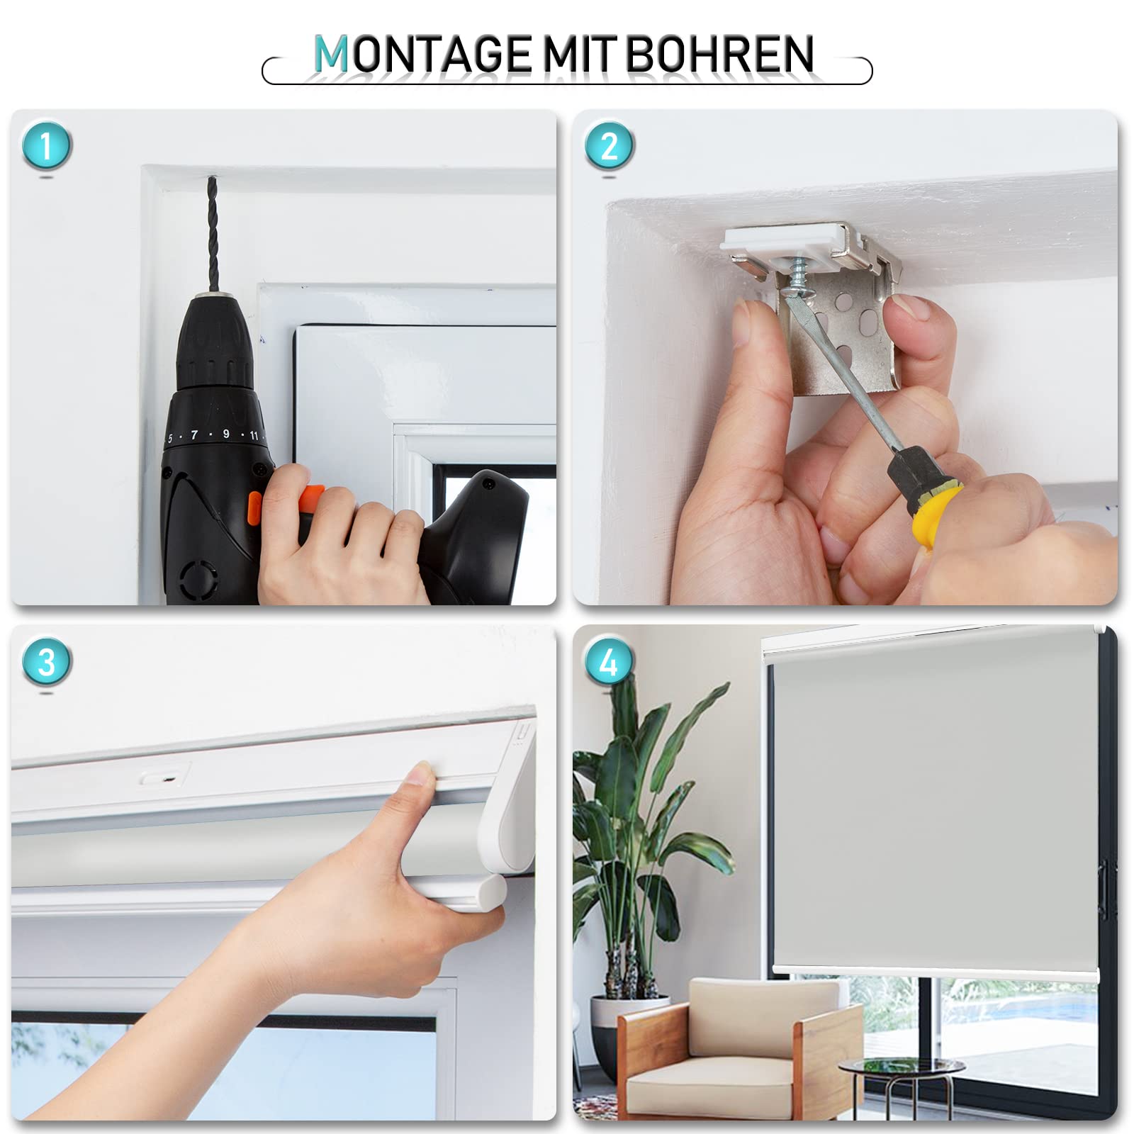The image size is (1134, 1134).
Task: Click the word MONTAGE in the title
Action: coord(422,55)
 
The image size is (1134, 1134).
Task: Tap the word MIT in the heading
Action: coord(579,55)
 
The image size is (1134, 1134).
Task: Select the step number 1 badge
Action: coord(47,146)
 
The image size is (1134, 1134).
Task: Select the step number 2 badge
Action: coord(610,146)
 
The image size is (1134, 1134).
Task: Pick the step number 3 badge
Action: coord(47,662)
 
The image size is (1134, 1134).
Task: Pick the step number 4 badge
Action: coord(610,662)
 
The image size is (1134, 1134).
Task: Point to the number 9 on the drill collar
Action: coord(226,433)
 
